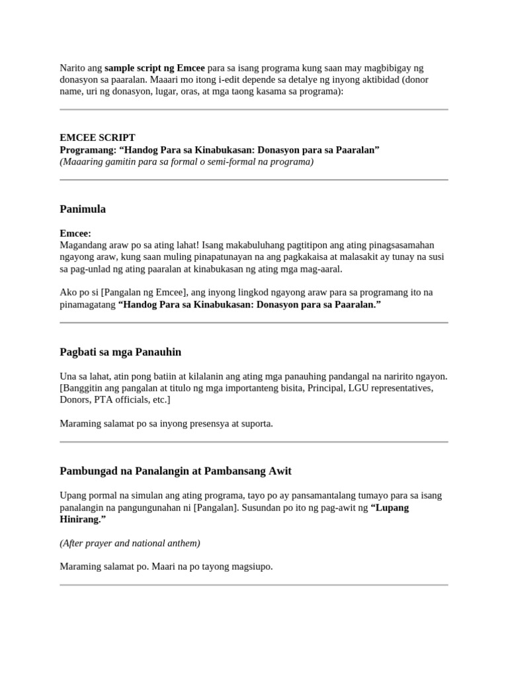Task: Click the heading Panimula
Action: click(83, 210)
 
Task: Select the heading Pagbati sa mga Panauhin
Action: click(120, 352)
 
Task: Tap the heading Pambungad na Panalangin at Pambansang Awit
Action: click(175, 471)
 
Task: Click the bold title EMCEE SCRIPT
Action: click(97, 138)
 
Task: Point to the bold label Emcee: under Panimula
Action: click(75, 233)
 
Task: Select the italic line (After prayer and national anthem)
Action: click(130, 543)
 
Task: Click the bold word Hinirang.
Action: click(80, 519)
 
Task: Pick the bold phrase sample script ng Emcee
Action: click(155, 68)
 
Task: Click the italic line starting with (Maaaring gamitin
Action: click(187, 162)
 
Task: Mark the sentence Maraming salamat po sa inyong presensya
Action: click(166, 423)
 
